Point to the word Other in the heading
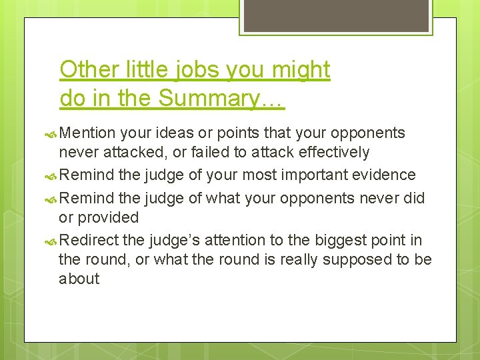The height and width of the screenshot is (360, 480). click(83, 69)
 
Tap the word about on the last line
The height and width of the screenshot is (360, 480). click(79, 279)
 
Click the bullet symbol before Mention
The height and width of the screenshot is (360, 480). click(53, 133)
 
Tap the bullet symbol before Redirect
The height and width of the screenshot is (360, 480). click(53, 241)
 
